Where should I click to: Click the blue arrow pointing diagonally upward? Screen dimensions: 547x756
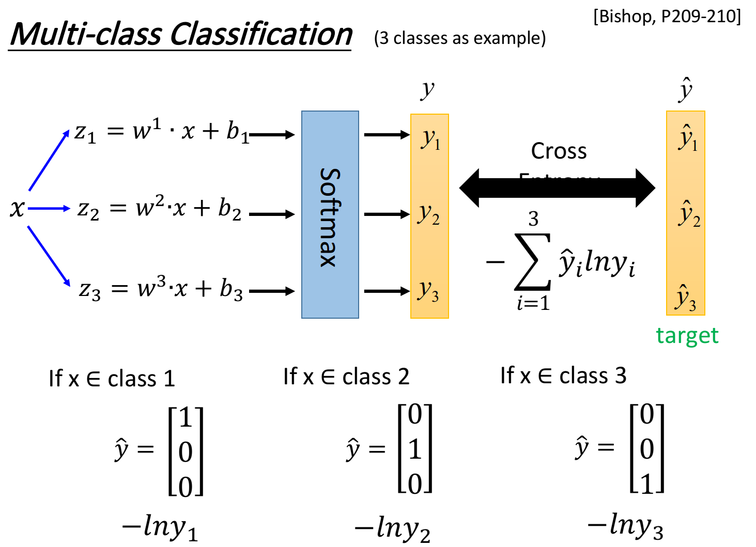(49, 161)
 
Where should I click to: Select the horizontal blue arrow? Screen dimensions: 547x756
(49, 209)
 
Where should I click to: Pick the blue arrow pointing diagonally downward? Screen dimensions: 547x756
(48, 256)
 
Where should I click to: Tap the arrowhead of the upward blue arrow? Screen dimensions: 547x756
(67, 133)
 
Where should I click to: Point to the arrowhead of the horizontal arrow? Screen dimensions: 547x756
(67, 209)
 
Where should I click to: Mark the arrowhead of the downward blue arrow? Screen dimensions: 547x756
(67, 282)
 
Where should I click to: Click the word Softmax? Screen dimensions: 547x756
(330, 217)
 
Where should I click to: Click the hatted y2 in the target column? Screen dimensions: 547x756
(689, 214)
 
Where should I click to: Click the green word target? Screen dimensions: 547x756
(687, 336)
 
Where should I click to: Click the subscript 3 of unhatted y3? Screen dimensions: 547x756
(435, 296)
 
